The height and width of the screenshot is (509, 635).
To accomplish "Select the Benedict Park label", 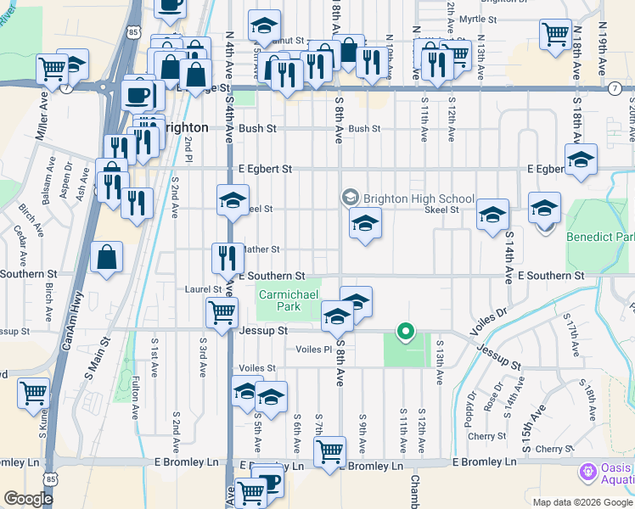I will (x=599, y=238).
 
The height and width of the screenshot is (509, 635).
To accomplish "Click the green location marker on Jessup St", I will (x=407, y=332).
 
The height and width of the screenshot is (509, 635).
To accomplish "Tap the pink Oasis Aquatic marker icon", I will (x=587, y=471).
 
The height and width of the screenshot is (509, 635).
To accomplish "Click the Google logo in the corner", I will (x=28, y=499).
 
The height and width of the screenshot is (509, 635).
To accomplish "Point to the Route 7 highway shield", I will (x=614, y=88).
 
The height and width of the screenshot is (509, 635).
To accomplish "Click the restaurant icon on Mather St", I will (x=226, y=256).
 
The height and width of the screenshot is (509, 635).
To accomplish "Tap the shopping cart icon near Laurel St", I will (x=222, y=311).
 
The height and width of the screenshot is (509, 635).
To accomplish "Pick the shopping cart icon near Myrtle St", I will (x=555, y=35).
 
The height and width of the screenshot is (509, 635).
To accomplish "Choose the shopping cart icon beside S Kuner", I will (x=33, y=393).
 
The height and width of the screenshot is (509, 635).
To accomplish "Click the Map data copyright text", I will (x=581, y=502).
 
